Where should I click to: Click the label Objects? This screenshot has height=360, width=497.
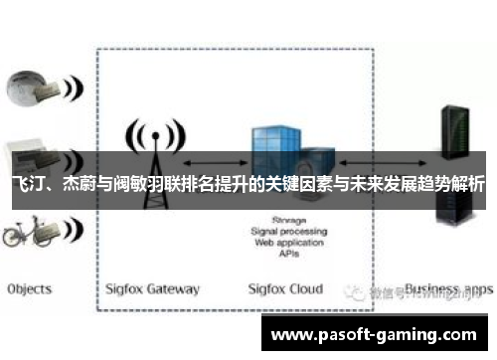tap(29, 289)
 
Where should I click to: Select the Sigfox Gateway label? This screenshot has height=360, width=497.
tap(152, 289)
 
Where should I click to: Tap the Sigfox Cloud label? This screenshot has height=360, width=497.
tap(285, 289)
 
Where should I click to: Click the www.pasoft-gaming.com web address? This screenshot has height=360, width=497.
tap(377, 335)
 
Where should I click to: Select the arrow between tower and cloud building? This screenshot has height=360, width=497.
tap(214, 159)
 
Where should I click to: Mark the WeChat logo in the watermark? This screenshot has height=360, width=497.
tap(355, 292)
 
